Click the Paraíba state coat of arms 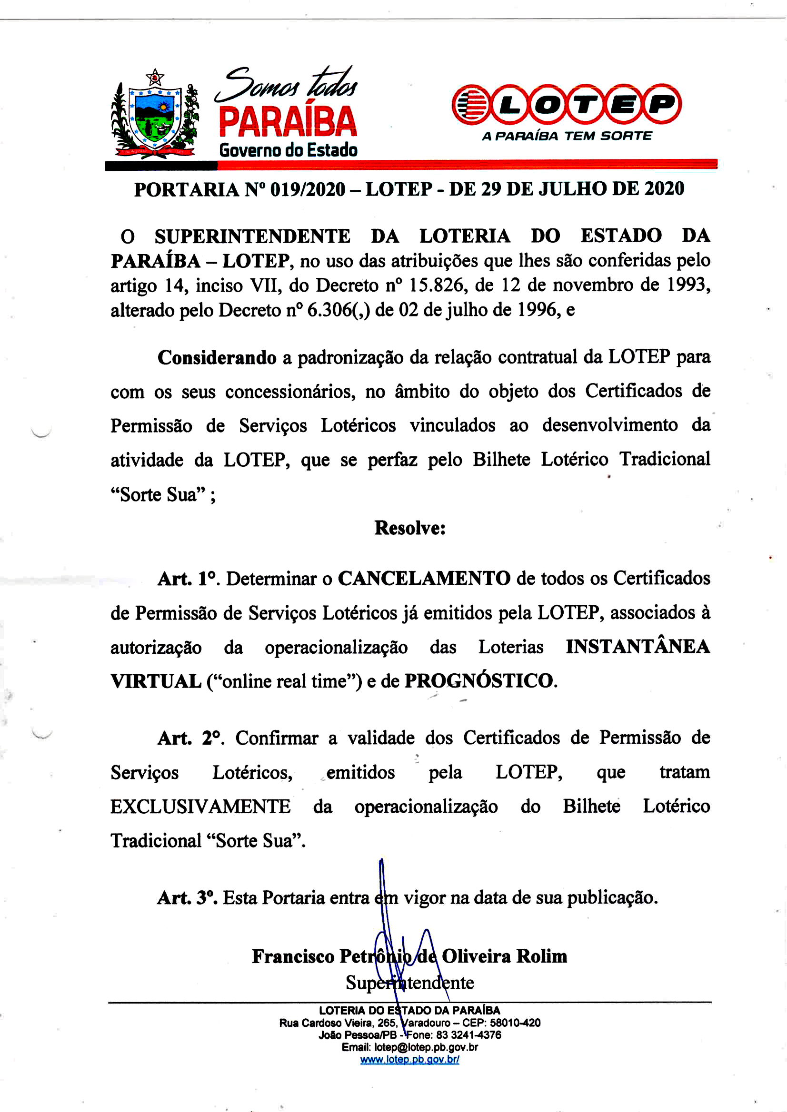coord(155,116)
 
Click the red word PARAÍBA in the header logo coord(288,121)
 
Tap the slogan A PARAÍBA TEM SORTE coord(567,136)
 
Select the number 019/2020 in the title coord(308,189)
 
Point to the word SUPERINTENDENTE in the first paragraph coord(252,236)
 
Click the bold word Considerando coord(217,358)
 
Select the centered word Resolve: coord(410,528)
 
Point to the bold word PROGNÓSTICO coord(479,681)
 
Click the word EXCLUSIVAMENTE coord(200,807)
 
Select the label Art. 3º coord(187,898)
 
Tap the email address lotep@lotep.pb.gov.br coord(426,1047)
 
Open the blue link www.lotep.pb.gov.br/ coord(409,1059)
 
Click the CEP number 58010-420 coord(515,1023)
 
